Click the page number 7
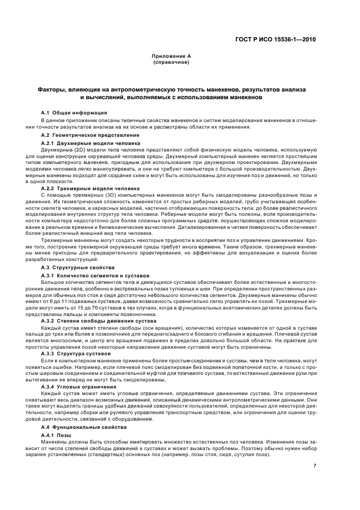point(314,466)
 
